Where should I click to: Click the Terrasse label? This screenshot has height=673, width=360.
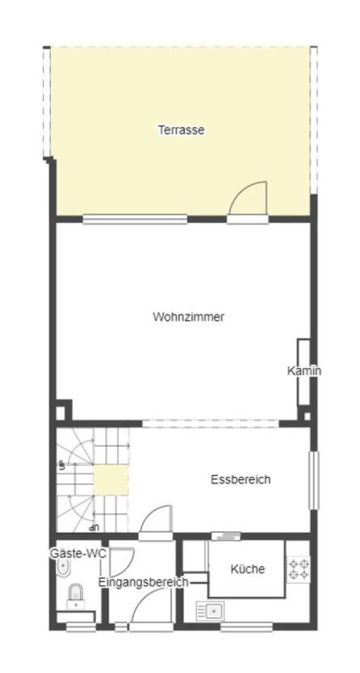point(181,130)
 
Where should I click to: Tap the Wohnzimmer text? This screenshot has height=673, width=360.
point(188,317)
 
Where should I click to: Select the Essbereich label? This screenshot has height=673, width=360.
point(240,479)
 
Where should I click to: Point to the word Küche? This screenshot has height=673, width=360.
point(247,569)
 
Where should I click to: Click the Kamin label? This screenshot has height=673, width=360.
point(304,371)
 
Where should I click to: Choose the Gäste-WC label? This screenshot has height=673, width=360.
point(78,553)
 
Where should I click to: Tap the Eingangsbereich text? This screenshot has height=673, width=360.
point(143,581)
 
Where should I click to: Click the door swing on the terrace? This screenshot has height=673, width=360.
point(248,199)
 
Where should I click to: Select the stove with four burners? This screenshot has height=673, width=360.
point(298,568)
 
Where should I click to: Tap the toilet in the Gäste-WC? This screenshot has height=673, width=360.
point(75,597)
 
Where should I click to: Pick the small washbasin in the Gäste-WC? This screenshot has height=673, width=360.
point(63,569)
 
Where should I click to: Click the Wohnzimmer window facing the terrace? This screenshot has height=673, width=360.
point(135,219)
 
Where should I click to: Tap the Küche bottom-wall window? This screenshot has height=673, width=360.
point(246,626)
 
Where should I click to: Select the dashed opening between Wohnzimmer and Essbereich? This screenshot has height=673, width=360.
point(212,423)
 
